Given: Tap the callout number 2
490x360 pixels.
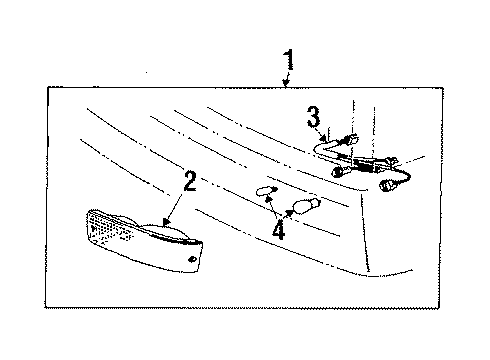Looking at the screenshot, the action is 190,182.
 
